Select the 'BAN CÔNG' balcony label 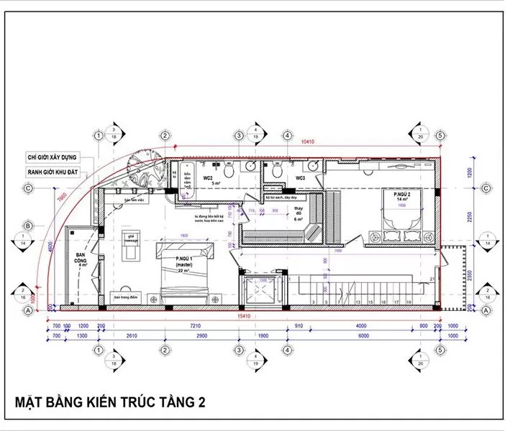[81, 259]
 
